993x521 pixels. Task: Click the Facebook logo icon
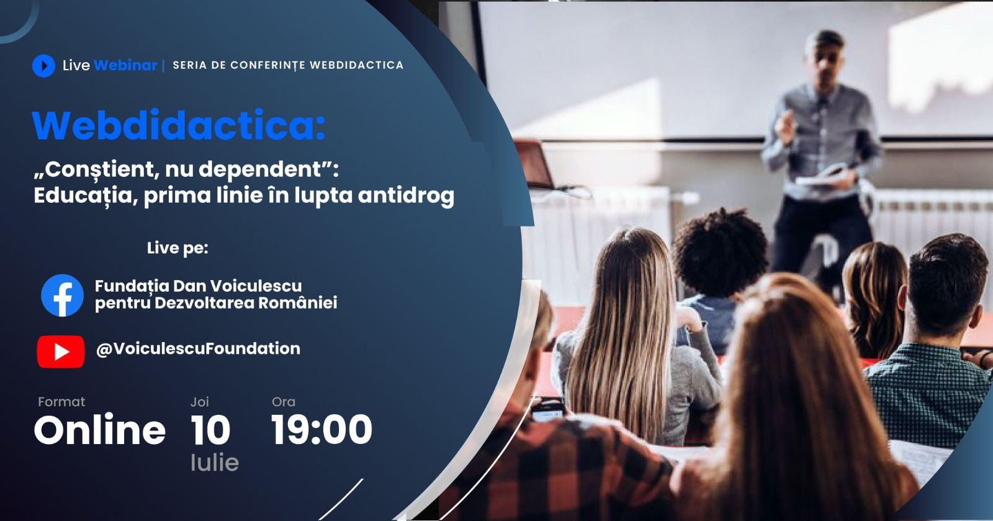tap(62, 296)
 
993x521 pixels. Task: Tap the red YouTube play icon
tap(61, 351)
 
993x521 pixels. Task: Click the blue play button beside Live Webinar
tap(43, 65)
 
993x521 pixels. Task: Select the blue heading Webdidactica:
tap(179, 125)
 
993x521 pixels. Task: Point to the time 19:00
tap(321, 430)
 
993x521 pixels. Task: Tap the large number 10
tap(210, 430)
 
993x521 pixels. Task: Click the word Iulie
tap(214, 463)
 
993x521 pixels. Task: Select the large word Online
tap(100, 430)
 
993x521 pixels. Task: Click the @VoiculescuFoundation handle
tap(198, 348)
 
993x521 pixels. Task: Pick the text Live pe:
tap(177, 248)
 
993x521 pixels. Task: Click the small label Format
tap(61, 402)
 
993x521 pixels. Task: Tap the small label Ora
tap(284, 402)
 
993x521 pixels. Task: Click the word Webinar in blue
tap(125, 65)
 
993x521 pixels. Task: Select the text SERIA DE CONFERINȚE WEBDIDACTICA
tap(288, 65)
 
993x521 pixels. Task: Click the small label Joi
tap(199, 402)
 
